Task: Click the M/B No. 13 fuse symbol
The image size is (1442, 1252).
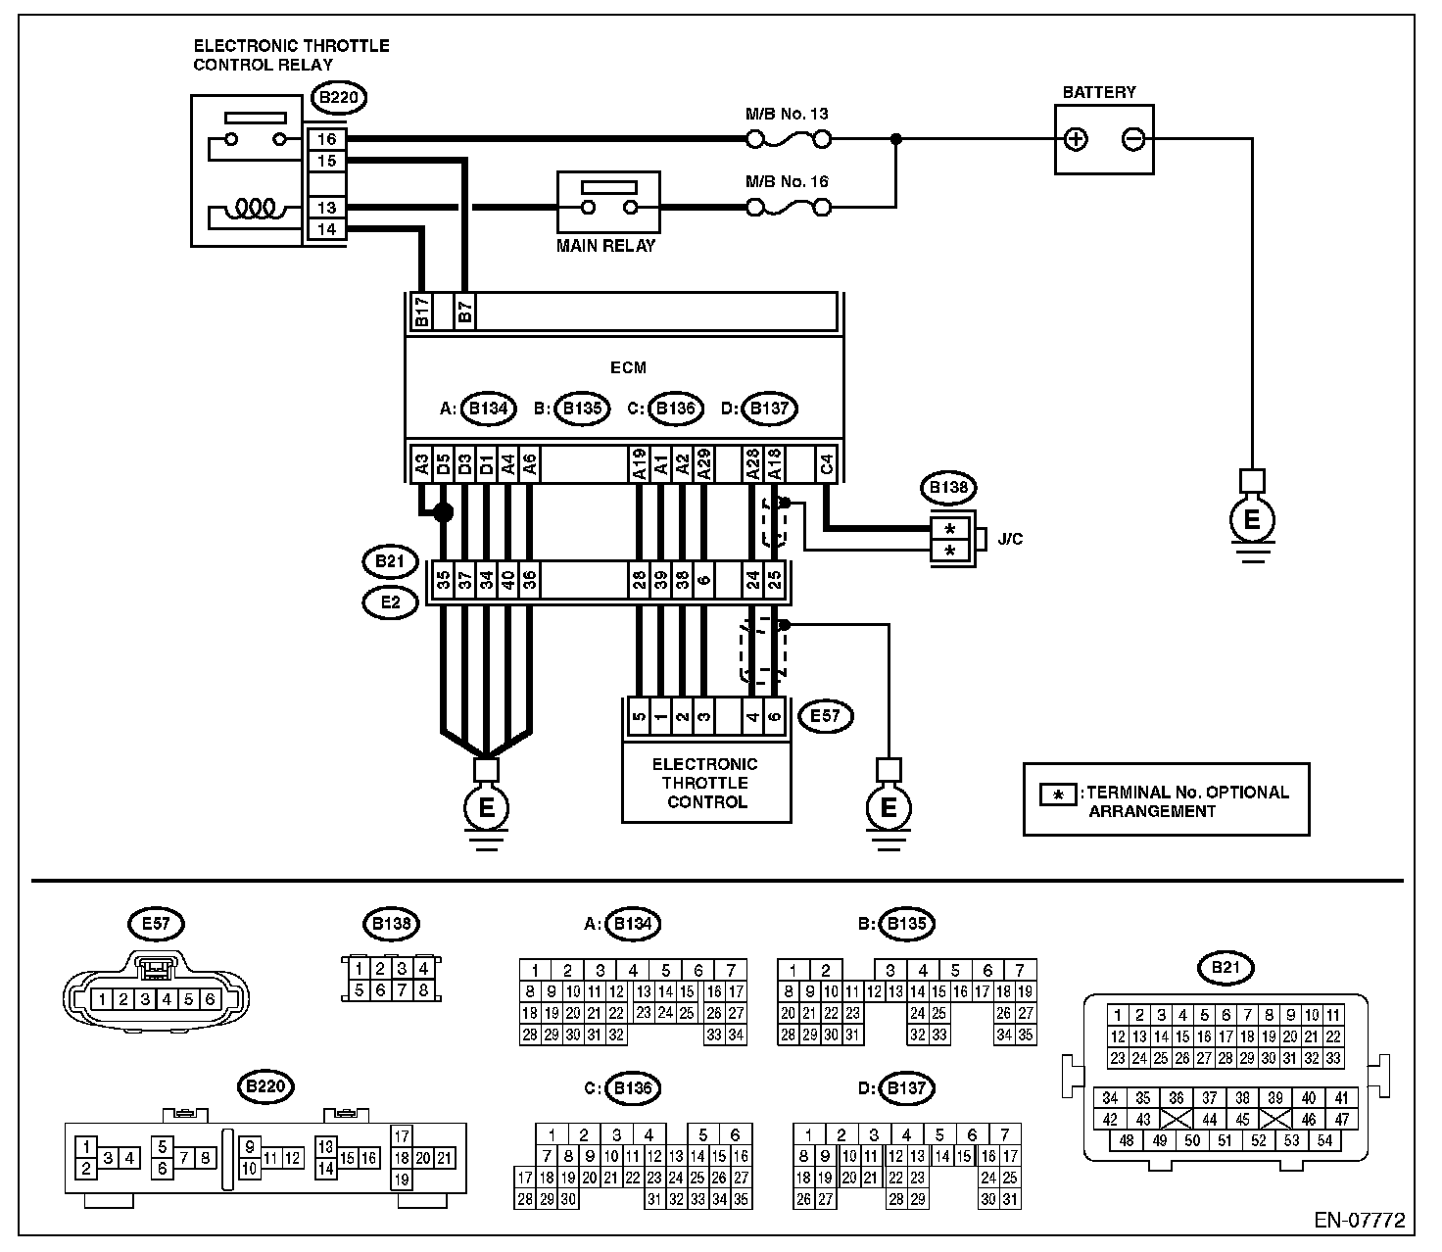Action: pos(789,139)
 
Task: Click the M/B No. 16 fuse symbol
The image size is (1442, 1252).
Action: pos(789,207)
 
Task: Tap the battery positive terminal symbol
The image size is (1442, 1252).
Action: pos(1076,139)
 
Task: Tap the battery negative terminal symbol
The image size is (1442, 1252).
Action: pos(1133,139)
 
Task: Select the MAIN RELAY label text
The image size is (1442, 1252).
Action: pos(606,246)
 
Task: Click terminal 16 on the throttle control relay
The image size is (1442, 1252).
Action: pos(326,139)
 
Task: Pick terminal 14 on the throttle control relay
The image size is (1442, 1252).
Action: pos(326,229)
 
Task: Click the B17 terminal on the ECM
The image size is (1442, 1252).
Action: pos(421,311)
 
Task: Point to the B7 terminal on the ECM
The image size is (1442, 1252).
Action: pos(464,311)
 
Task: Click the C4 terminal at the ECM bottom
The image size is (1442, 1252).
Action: pos(826,464)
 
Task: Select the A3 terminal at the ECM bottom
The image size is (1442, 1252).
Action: pos(421,464)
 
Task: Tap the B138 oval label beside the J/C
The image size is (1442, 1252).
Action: pos(948,488)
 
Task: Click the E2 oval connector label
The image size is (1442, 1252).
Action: pos(391,602)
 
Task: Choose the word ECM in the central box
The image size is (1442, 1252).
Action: pos(628,367)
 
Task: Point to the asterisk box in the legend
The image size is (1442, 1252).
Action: pos(1058,795)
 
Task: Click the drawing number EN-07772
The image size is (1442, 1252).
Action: pos(1360,1220)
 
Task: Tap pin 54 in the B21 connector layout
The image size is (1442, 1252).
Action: pos(1325,1140)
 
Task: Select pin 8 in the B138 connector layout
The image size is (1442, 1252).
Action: pos(423,989)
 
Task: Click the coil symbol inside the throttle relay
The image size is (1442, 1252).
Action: pos(255,208)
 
